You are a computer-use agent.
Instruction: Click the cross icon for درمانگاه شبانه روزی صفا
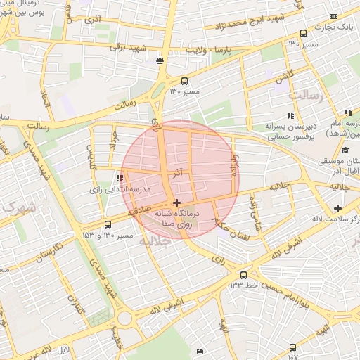point(176,202)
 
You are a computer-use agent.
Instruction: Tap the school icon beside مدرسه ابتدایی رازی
point(119,178)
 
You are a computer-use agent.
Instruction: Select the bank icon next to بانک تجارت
point(333,16)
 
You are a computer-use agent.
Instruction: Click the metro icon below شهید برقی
point(161,60)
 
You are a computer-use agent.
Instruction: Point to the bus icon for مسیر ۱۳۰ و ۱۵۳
point(107,224)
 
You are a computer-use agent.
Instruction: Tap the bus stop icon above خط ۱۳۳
point(243,274)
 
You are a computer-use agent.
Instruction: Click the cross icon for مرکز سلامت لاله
point(338,208)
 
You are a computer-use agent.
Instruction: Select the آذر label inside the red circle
point(179,171)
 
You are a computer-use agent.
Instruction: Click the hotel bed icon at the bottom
point(200,350)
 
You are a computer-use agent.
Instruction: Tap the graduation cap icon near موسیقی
point(345,150)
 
